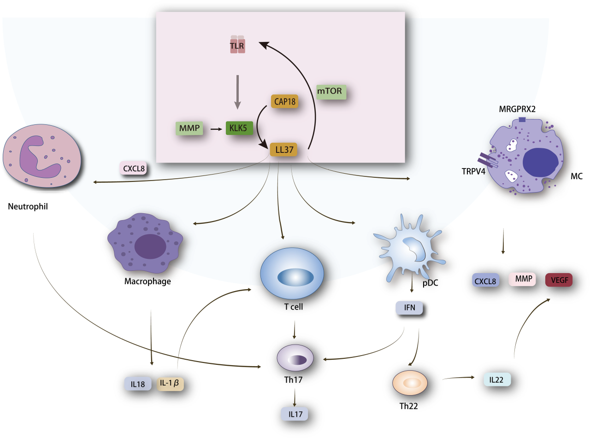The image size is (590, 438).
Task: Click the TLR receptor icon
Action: pyautogui.click(x=238, y=45)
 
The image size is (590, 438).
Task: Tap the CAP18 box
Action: pyautogui.click(x=284, y=102)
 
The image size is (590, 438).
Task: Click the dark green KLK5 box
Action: pyautogui.click(x=239, y=128)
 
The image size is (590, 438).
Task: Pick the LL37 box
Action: pyautogui.click(x=283, y=150)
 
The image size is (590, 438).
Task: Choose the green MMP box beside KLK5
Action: pyautogui.click(x=189, y=128)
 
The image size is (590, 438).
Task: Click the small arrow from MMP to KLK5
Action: pyautogui.click(x=214, y=129)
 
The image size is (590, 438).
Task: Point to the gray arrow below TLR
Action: pyautogui.click(x=238, y=92)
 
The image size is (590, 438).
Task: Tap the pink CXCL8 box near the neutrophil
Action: pyautogui.click(x=133, y=168)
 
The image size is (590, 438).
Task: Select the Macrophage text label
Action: pyautogui.click(x=147, y=281)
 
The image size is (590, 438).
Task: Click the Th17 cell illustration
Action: pyautogui.click(x=295, y=357)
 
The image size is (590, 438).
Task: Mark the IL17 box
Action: pyautogui.click(x=295, y=415)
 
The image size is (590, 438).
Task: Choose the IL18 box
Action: pyautogui.click(x=138, y=383)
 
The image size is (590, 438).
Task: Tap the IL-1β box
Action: pyautogui.click(x=170, y=383)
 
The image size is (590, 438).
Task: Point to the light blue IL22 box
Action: pyautogui.click(x=497, y=379)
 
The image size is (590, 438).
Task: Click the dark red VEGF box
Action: pyautogui.click(x=558, y=280)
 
